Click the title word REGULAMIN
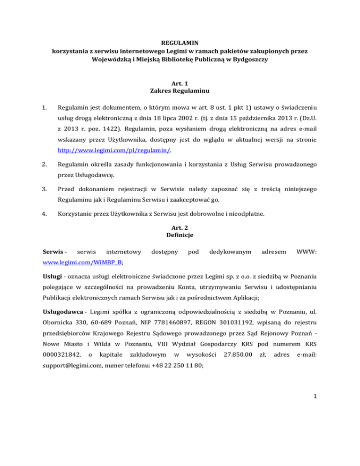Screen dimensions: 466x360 [x=180, y=41]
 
